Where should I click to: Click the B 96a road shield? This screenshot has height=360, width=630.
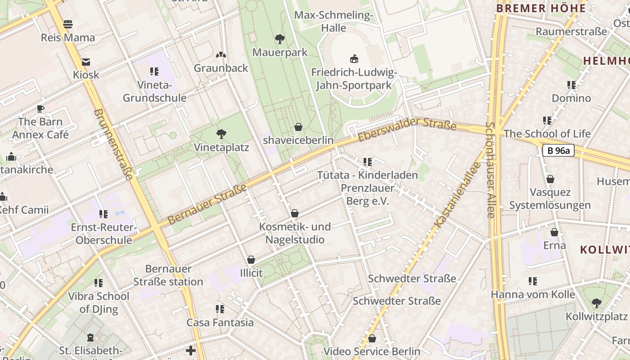click(558, 150)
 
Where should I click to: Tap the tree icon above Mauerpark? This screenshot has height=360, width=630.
click(280, 39)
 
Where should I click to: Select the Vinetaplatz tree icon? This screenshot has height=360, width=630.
click(220, 134)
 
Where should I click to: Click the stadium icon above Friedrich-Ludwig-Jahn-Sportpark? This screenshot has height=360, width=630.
click(354, 58)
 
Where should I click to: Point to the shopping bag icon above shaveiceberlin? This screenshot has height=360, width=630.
click(298, 127)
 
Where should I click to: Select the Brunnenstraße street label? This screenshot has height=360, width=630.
click(114, 144)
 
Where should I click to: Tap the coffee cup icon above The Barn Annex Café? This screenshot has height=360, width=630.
click(40, 108)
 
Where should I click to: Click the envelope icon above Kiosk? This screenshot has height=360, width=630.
click(85, 62)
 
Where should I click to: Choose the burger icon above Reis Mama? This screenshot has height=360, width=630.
click(68, 24)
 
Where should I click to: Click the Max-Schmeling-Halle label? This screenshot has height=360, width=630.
click(333, 21)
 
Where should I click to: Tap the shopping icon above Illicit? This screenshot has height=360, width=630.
click(251, 260)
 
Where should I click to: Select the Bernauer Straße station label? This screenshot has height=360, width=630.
click(168, 275)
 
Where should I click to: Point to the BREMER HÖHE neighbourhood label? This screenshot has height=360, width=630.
click(540, 8)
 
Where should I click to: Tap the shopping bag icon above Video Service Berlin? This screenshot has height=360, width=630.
click(372, 338)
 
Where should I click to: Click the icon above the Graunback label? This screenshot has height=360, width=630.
click(220, 55)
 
